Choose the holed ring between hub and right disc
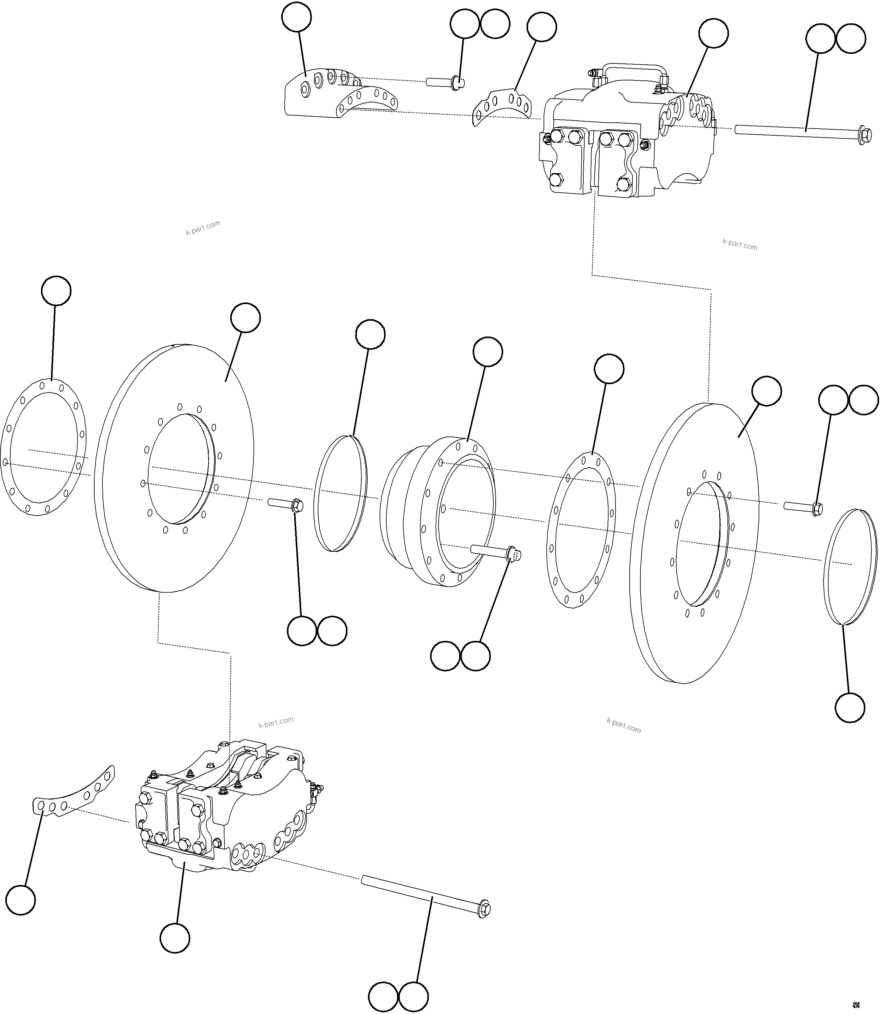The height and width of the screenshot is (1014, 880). point(581,530)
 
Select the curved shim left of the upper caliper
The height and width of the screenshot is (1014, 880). point(501,106)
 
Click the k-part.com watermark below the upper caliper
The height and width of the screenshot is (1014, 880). point(740,244)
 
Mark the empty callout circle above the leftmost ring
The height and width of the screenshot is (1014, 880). point(56,291)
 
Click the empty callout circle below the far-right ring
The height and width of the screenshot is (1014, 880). point(849,707)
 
